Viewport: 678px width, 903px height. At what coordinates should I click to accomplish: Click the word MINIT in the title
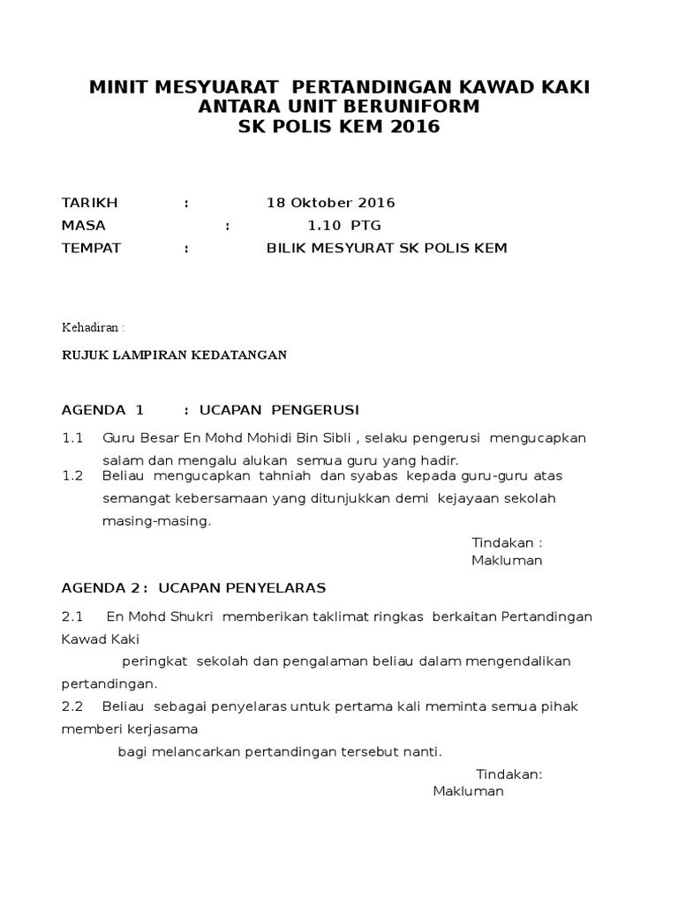coord(121,87)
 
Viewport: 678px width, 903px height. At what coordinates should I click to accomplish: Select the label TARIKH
coord(89,203)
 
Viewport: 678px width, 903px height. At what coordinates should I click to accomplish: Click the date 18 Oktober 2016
coord(331,203)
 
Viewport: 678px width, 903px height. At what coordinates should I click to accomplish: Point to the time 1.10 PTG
coord(344,226)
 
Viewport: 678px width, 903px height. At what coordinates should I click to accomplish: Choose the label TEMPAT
coord(91,249)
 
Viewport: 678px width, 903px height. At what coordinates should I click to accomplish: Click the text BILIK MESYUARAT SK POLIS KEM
coord(387,249)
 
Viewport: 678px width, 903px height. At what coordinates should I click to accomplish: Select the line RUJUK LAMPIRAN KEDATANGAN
coord(174,355)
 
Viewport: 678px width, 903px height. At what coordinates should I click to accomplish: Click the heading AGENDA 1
coord(102,410)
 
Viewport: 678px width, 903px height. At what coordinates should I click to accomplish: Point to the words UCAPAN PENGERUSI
coord(280,410)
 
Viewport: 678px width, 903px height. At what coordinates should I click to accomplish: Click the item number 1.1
coord(72,438)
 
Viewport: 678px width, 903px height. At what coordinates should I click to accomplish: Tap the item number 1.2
coord(72,476)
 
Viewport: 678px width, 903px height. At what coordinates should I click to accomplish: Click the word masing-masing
coord(157,521)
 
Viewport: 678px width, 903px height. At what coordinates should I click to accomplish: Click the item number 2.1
coord(72,616)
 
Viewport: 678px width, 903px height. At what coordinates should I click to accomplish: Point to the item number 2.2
coord(72,706)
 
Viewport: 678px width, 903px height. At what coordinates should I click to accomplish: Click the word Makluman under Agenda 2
coord(468,791)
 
